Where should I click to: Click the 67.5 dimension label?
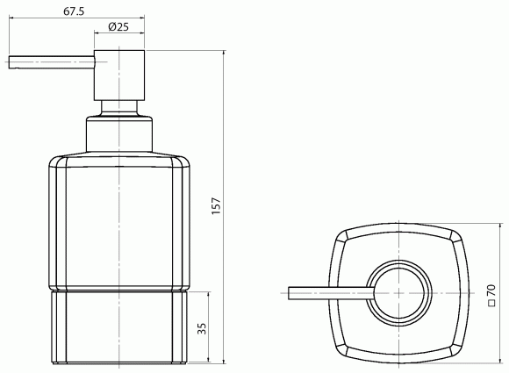pyautogui.click(x=74, y=11)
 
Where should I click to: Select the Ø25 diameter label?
pyautogui.click(x=118, y=26)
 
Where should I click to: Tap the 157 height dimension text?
pyautogui.click(x=216, y=205)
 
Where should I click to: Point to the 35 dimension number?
pyautogui.click(x=202, y=328)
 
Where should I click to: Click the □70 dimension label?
pyautogui.click(x=491, y=296)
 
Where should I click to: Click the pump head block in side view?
pyautogui.click(x=119, y=75)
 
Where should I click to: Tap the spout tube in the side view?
pyautogui.click(x=52, y=62)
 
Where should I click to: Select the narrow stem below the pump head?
pyautogui.click(x=119, y=108)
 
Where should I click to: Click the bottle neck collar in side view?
pyautogui.click(x=119, y=133)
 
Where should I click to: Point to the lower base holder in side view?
pyautogui.click(x=119, y=326)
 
